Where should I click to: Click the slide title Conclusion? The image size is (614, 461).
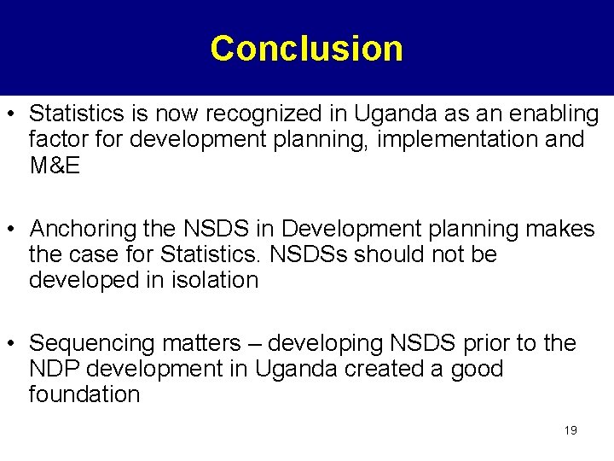(306, 49)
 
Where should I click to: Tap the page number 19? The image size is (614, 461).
(571, 430)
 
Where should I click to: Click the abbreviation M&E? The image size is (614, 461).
(55, 166)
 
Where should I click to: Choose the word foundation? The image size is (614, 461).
(84, 395)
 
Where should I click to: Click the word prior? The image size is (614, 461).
(484, 344)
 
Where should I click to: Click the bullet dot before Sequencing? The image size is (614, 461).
(14, 345)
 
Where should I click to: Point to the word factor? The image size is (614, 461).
(54, 140)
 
